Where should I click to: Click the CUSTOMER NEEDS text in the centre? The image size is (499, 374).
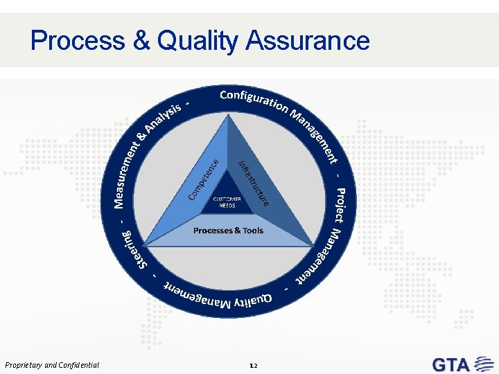click(x=227, y=202)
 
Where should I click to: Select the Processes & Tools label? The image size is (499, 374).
click(x=228, y=230)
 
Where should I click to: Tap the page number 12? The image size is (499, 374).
click(x=252, y=365)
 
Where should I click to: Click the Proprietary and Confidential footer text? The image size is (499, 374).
click(x=52, y=365)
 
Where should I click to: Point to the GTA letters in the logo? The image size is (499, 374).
click(x=451, y=364)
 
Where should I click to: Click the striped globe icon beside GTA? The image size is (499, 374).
click(x=482, y=364)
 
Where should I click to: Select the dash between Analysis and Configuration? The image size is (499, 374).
click(x=188, y=103)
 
